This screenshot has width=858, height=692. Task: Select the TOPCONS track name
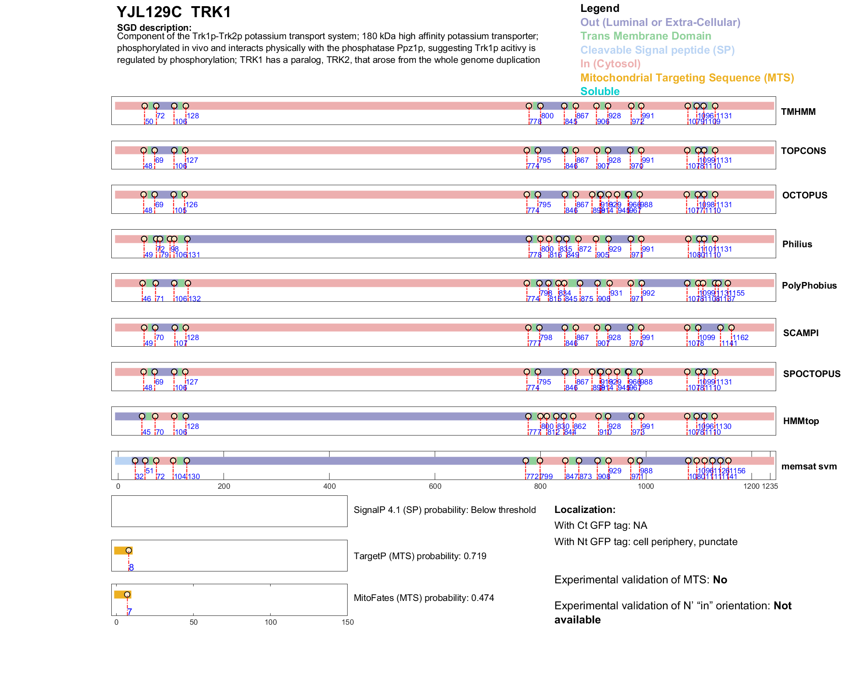coord(803,151)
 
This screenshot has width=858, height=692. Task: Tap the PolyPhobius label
coord(809,286)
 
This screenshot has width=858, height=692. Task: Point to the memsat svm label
coord(809,466)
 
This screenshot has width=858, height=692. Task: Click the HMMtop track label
coord(801,421)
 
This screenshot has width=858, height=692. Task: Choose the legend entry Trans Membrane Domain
coord(645,36)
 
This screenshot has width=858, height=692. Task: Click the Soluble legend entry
coord(600,92)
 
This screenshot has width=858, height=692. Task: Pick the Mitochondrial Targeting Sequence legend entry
coord(687,78)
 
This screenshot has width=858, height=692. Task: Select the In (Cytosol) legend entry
coord(610,64)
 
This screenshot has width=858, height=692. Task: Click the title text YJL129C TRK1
coord(174,12)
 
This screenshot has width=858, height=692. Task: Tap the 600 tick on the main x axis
coord(435,486)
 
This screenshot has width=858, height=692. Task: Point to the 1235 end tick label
coord(770,486)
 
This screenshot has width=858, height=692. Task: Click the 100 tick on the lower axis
coord(271,622)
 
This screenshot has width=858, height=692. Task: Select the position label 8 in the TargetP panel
coord(131,568)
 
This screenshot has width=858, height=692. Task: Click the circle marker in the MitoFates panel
coord(127,594)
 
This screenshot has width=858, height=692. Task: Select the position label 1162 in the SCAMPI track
coord(740,337)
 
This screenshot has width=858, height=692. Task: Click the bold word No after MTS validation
coord(720,580)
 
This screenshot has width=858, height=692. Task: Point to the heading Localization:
coord(584,510)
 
